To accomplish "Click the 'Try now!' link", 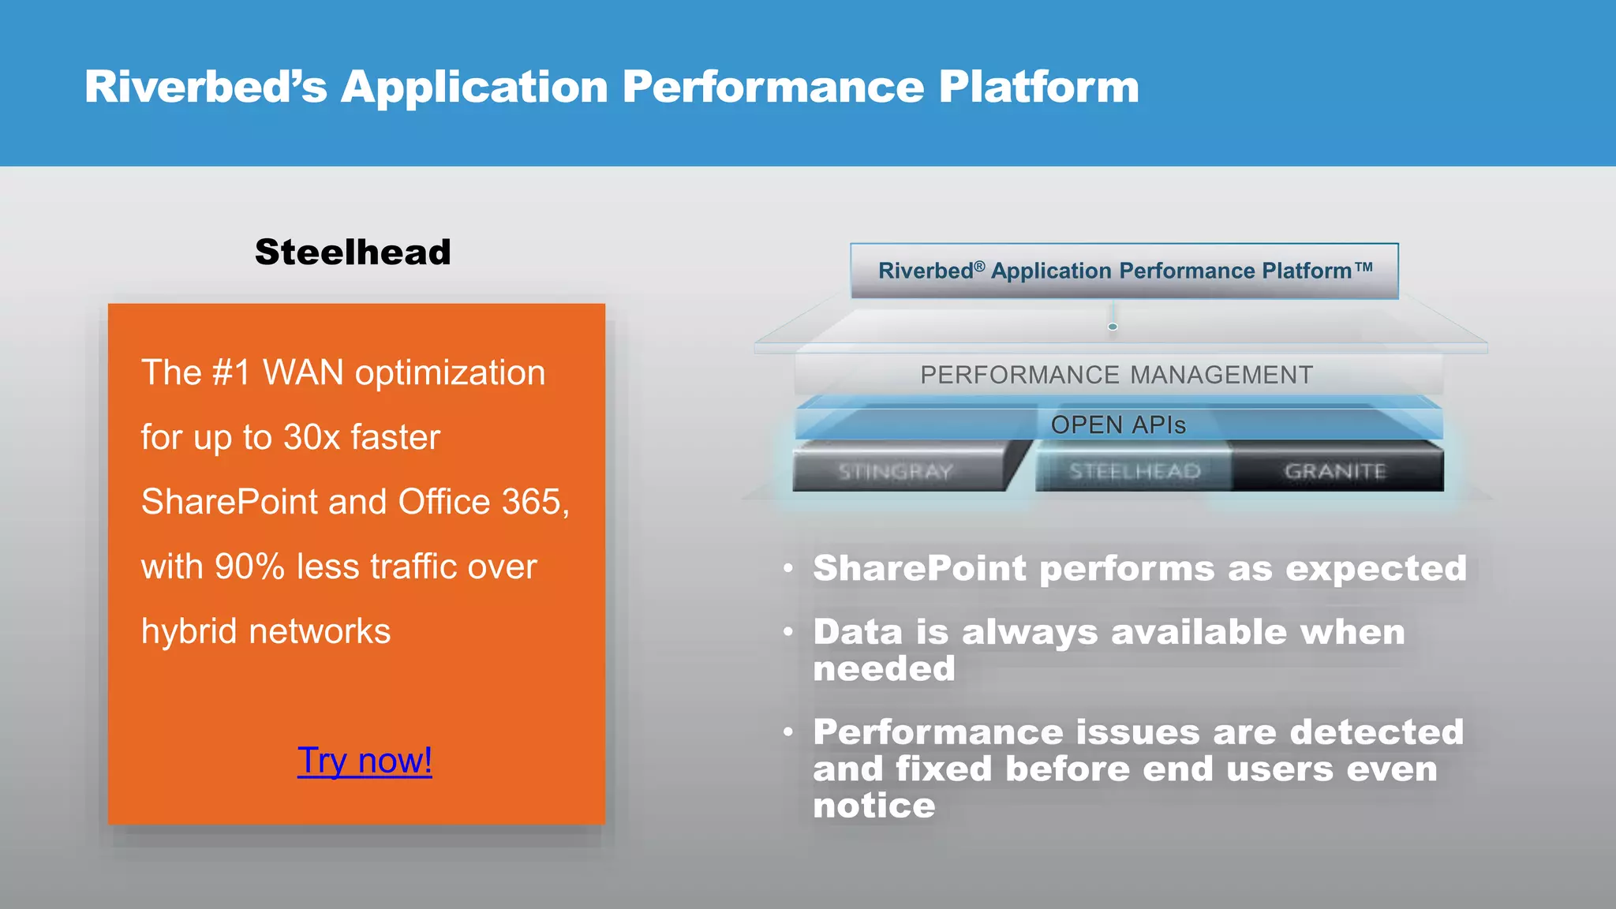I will point(365,761).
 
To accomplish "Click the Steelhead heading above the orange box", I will point(353,252).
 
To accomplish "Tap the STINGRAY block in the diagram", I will point(896,472).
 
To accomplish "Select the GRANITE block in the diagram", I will point(1335,471).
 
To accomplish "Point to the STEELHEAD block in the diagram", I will point(1135,471).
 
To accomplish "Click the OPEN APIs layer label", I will point(1118,425).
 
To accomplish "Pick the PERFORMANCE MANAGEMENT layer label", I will point(1117,375).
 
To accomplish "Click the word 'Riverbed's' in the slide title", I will point(205,87).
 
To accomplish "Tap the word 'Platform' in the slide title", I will point(1038,87).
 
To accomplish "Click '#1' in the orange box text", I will point(232,372).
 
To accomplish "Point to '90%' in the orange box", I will point(249,567).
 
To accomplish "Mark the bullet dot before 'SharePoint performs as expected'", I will point(788,568).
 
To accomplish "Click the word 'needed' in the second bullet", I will point(884,669).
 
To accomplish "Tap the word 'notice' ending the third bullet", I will point(874,806).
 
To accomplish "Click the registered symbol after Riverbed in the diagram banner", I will point(979,266).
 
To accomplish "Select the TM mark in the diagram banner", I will point(1364,267).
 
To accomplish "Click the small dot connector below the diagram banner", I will point(1113,327).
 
